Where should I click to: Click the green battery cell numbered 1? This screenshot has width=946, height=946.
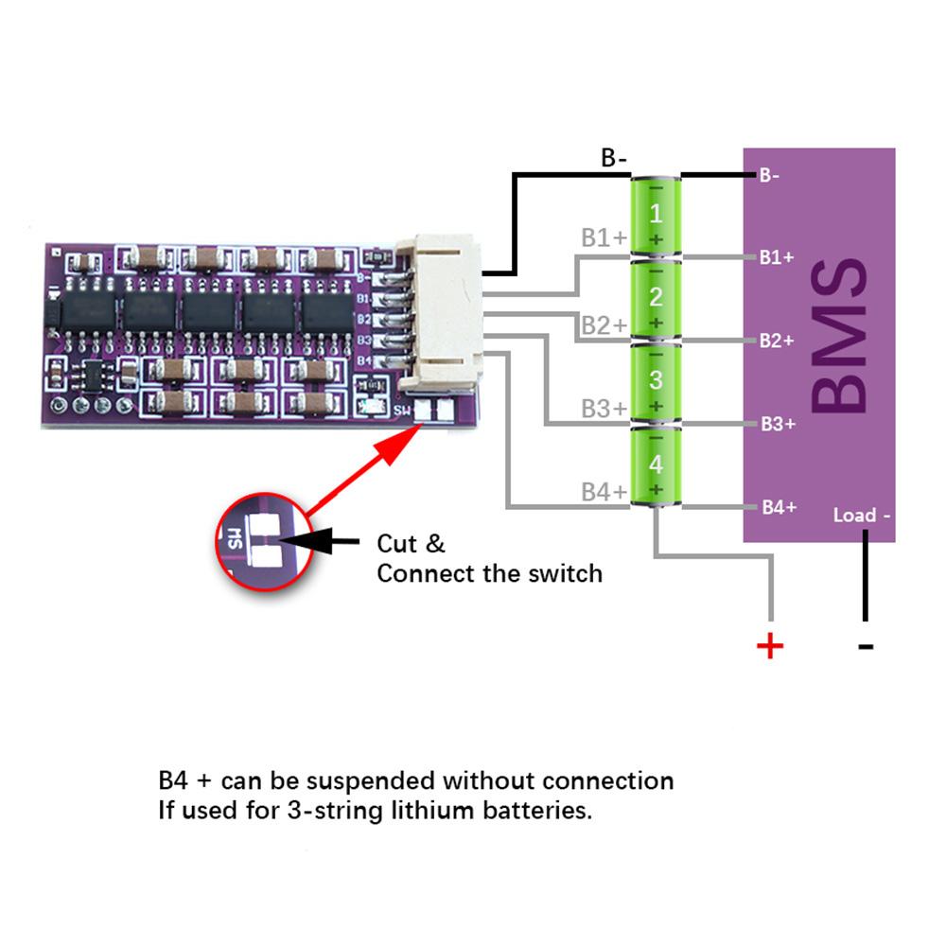pos(656,216)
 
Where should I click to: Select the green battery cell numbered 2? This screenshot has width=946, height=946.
pos(656,299)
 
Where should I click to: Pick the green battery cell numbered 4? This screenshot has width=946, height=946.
pos(656,465)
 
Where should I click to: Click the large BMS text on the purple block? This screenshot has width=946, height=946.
pos(838,338)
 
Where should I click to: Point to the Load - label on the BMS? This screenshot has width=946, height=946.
pos(861,516)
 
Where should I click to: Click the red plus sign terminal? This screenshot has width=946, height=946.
pos(770,646)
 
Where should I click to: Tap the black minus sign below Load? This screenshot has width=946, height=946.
pos(865,647)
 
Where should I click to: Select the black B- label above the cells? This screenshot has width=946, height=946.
pos(614,158)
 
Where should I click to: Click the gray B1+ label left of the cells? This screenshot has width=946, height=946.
pos(604,237)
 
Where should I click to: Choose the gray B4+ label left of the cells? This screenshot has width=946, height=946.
pos(604,492)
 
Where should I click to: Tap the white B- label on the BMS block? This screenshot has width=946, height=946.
pos(769,175)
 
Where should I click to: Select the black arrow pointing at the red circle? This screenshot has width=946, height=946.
pos(322,542)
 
